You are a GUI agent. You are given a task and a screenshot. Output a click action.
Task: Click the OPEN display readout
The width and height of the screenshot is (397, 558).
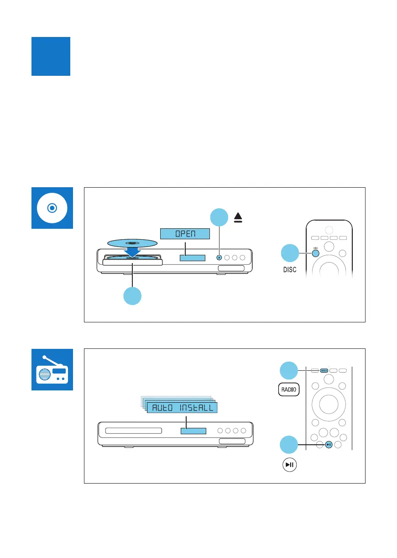tap(185, 234)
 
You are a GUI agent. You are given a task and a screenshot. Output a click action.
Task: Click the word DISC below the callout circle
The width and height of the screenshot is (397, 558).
tap(288, 269)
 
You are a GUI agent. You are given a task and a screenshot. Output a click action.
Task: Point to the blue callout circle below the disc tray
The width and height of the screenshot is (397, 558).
tap(132, 296)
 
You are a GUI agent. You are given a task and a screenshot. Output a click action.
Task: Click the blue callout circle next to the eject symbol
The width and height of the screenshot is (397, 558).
tap(219, 217)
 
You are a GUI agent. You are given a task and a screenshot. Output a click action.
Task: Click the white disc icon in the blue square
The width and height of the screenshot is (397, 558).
tap(52, 207)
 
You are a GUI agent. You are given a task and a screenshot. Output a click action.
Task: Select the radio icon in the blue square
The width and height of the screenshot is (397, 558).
tap(52, 369)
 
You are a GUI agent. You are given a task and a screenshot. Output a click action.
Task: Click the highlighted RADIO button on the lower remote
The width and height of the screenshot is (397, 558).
tap(324, 370)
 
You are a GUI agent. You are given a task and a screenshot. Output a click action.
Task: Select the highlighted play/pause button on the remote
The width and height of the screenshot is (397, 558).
tap(329, 444)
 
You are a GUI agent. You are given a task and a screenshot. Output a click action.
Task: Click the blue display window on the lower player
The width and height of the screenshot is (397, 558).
tap(193, 431)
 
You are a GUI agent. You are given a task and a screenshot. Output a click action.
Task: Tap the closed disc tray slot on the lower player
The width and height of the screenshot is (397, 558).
tap(133, 431)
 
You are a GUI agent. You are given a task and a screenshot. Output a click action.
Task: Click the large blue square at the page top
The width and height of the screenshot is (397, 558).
tap(51, 56)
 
